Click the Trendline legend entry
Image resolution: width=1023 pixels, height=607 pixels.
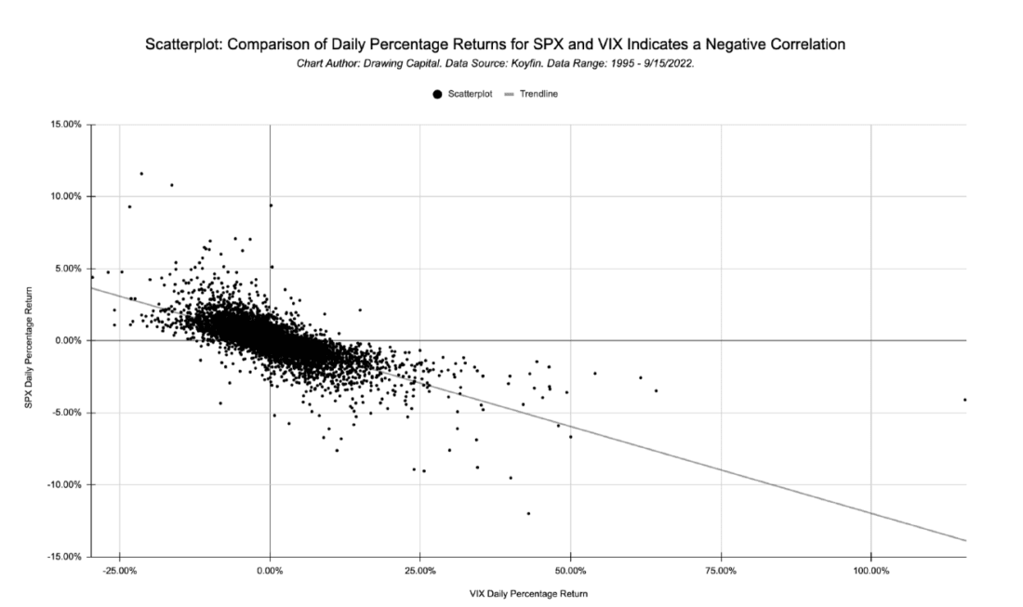pyautogui.click(x=538, y=94)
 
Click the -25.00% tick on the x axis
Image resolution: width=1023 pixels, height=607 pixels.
pyautogui.click(x=120, y=570)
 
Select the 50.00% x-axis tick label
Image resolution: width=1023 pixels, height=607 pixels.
pyautogui.click(x=570, y=570)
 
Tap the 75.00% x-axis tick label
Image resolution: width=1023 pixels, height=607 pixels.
pyautogui.click(x=721, y=570)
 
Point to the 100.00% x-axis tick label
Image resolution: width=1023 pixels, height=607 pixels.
pyautogui.click(x=870, y=570)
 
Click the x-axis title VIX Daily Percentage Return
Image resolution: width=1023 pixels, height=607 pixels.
pyautogui.click(x=528, y=592)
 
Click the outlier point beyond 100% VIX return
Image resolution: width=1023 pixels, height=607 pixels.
pyautogui.click(x=965, y=400)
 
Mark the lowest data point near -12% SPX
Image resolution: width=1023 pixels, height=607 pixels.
pyautogui.click(x=528, y=513)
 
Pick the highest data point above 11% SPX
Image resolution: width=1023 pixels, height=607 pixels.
pyautogui.click(x=141, y=173)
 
